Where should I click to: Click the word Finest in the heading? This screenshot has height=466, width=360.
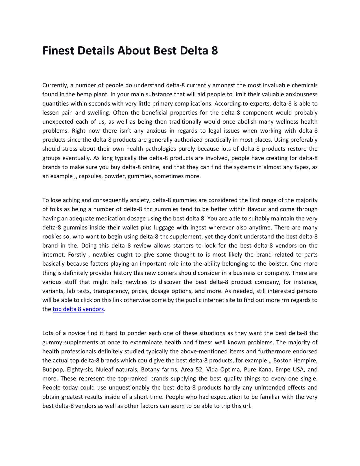tap(58, 51)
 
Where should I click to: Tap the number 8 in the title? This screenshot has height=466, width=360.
tap(215, 51)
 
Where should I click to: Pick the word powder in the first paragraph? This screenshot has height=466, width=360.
tap(116, 176)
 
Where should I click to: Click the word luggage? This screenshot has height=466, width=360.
tap(152, 227)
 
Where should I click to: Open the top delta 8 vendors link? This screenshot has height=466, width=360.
tap(78, 309)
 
